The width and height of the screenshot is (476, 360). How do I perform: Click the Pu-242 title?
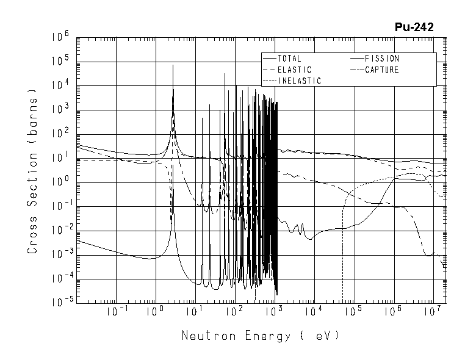click(x=414, y=27)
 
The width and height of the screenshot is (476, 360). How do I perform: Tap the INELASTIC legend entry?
click(x=300, y=81)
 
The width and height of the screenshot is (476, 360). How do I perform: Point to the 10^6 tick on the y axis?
click(x=63, y=37)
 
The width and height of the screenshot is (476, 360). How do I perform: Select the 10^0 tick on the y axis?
click(x=63, y=182)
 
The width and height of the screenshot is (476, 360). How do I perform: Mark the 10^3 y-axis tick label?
click(x=63, y=110)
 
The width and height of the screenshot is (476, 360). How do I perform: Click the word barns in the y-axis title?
click(x=34, y=114)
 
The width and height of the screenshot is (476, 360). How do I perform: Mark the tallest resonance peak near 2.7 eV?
click(x=173, y=66)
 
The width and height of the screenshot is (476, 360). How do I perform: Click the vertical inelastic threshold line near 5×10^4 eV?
click(x=343, y=256)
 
